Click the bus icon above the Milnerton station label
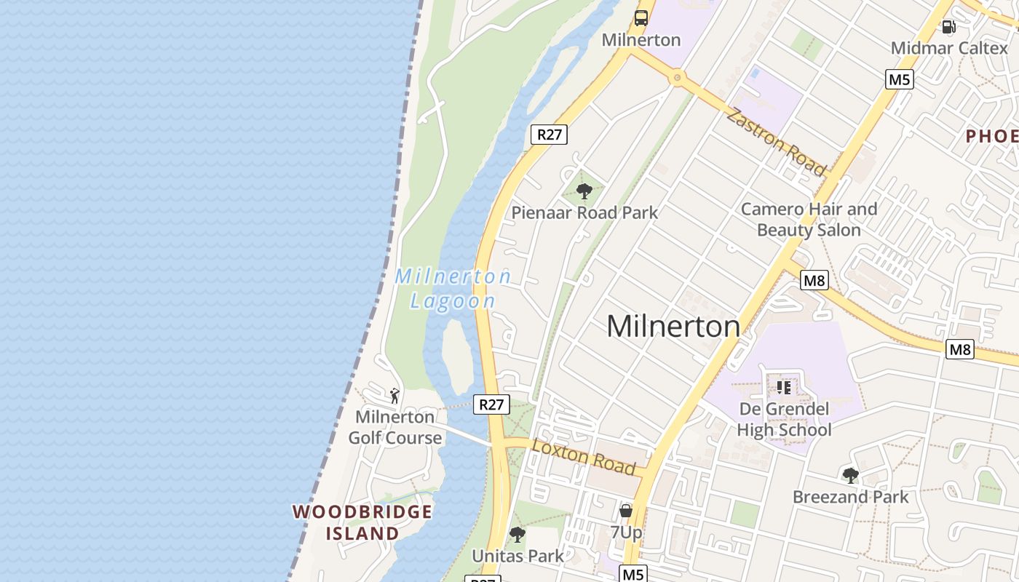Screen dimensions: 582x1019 pyautogui.click(x=641, y=18)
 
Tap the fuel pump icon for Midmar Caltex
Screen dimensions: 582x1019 pyautogui.click(x=948, y=27)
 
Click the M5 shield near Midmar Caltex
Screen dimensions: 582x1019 pyautogui.click(x=900, y=79)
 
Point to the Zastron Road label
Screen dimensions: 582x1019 pyautogui.click(x=777, y=142)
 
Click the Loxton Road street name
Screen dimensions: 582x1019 pyautogui.click(x=584, y=457)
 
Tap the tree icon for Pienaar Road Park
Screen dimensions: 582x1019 pyautogui.click(x=584, y=191)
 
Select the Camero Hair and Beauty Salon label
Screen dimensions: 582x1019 pyautogui.click(x=809, y=220)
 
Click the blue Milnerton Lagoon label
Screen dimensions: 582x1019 pyautogui.click(x=453, y=289)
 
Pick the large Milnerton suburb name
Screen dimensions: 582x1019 pyautogui.click(x=673, y=326)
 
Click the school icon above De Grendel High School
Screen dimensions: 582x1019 pyautogui.click(x=784, y=387)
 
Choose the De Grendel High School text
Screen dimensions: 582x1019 pyautogui.click(x=784, y=419)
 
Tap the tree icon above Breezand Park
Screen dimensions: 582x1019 pyautogui.click(x=850, y=476)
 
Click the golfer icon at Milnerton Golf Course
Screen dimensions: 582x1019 pyautogui.click(x=394, y=396)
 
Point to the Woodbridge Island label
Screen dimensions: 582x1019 pyautogui.click(x=362, y=522)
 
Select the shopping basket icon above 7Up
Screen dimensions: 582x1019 pyautogui.click(x=625, y=511)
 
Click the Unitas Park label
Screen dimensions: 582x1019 pyautogui.click(x=518, y=557)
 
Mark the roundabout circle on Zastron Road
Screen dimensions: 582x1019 pyautogui.click(x=678, y=76)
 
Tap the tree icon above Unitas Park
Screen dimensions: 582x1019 pyautogui.click(x=518, y=535)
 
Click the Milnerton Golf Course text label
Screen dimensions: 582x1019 pyautogui.click(x=394, y=427)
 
